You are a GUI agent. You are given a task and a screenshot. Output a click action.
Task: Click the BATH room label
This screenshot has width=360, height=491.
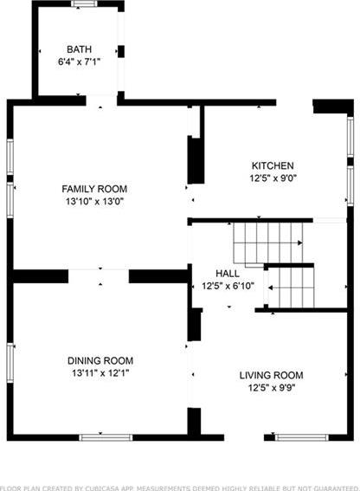tap(80, 49)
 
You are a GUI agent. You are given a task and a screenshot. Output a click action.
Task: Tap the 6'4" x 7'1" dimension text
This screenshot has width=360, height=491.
tap(79, 61)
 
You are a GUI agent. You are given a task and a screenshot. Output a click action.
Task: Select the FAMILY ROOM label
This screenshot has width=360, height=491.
tap(94, 189)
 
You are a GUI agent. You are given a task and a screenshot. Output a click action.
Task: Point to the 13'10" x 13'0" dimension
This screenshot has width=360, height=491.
tap(95, 202)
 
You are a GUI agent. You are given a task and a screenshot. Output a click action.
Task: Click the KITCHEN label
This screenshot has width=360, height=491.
tap(273, 165)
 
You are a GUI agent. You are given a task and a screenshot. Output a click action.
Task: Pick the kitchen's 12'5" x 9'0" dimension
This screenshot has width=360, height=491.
tap(273, 178)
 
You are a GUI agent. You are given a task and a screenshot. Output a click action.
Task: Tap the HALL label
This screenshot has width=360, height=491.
tap(228, 274)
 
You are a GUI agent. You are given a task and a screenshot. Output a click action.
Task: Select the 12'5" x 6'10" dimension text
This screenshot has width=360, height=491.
tap(228, 286)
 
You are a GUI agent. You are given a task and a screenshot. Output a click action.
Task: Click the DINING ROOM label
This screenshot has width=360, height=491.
tap(100, 361)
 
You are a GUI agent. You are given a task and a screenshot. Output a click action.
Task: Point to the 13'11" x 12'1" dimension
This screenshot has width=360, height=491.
tap(100, 373)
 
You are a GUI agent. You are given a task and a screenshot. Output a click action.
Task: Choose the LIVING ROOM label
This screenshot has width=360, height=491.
tap(272, 375)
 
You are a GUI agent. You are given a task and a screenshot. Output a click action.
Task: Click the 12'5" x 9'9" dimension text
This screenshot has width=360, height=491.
tap(272, 388)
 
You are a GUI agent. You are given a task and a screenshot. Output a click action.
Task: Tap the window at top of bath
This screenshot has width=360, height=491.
tap(84, 3)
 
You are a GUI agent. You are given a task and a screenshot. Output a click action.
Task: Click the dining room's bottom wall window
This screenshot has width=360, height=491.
tap(106, 437)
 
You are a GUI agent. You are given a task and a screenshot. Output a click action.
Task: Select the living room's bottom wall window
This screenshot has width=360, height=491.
tap(302, 437)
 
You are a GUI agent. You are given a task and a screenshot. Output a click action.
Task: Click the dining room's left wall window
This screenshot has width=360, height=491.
tap(10, 363)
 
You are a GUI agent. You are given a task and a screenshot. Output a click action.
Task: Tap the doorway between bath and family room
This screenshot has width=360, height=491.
tap(101, 100)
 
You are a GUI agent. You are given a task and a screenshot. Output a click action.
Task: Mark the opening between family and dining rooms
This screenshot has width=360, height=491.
tap(99, 276)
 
